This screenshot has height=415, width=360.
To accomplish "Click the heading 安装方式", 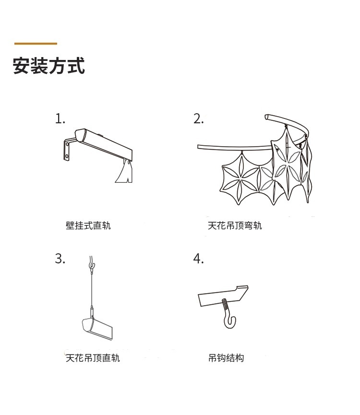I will tap(49, 66).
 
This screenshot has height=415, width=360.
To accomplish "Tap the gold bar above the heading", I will tap(36, 44).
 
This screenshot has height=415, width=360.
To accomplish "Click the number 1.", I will tap(60, 119).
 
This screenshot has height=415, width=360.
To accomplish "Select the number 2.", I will tap(198, 119).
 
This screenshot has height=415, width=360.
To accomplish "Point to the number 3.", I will tap(60, 259).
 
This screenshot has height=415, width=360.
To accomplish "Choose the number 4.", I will tap(198, 259).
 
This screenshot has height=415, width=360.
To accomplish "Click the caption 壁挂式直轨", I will tap(88, 225).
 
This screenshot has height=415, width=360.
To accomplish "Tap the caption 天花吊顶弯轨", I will tap(235, 225).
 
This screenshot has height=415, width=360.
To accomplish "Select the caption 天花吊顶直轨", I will tap(93, 358).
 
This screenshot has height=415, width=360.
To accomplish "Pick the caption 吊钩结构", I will tap(226, 358).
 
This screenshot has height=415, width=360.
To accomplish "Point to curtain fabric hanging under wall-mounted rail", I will tap(124, 173).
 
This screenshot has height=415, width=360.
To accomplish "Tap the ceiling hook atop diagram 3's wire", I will tap(92, 264).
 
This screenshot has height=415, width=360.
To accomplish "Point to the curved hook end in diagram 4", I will tap(230, 320).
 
